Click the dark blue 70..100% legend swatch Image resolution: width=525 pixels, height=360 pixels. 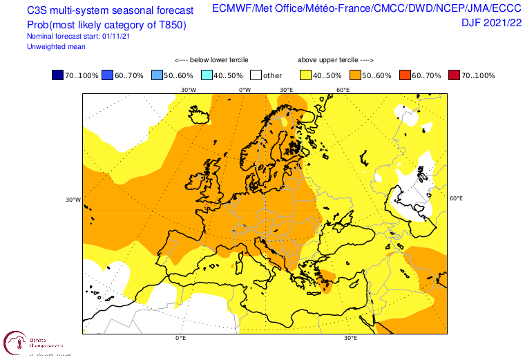point(57,75)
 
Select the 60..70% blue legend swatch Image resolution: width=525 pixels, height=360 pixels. point(107,75)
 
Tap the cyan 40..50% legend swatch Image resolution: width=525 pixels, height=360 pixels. point(207,75)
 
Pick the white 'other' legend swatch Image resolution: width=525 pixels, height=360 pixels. point(256,75)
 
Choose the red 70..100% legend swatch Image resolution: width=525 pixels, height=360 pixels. point(455,75)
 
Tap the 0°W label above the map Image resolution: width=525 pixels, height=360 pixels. point(245,90)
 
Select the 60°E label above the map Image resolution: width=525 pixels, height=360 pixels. point(343,90)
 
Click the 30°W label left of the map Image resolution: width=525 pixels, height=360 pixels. point(73,200)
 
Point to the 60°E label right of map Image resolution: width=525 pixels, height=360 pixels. point(456,199)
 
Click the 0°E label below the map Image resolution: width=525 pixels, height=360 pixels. point(181,339)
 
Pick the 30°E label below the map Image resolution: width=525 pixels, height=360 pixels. point(350,339)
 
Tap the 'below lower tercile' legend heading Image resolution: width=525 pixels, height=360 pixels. point(211,60)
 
